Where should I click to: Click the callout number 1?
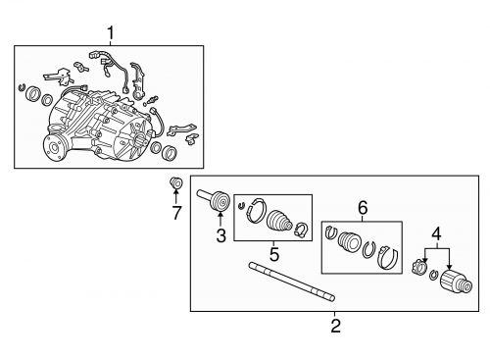click(x=111, y=33)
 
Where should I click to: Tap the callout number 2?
click(x=336, y=326)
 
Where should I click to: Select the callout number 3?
click(x=221, y=235)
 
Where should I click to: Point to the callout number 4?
click(x=436, y=234)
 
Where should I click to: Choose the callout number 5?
click(x=274, y=254)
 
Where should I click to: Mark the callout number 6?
click(x=363, y=208)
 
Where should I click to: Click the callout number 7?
click(x=176, y=213)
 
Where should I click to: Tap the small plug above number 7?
click(x=175, y=183)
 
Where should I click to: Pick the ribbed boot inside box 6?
click(x=349, y=242)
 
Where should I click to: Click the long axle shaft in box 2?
click(x=292, y=282)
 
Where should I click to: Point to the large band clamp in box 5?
click(x=257, y=210)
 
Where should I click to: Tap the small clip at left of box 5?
click(x=241, y=206)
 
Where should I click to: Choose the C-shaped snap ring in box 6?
click(x=369, y=250)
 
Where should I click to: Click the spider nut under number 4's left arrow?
click(x=419, y=267)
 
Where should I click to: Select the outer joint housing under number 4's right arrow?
click(x=456, y=283)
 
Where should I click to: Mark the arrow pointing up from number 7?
click(x=175, y=196)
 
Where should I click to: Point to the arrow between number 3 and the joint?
click(x=220, y=219)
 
